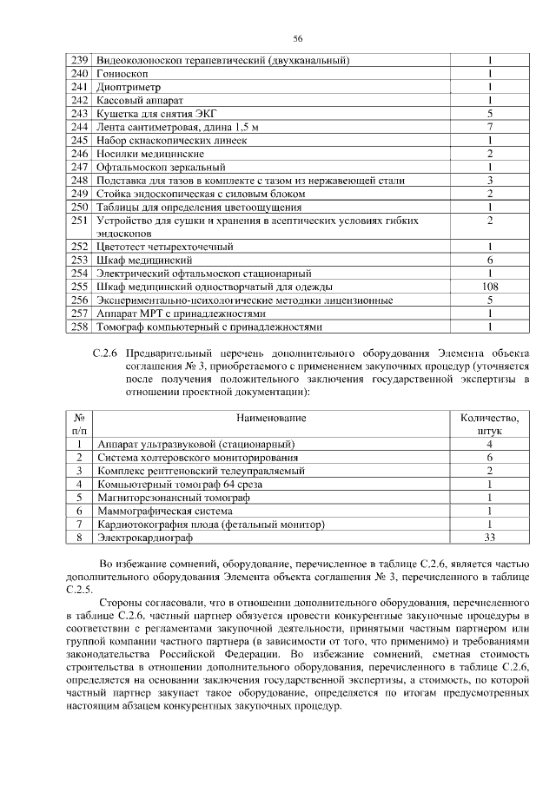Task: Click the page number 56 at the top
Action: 297,39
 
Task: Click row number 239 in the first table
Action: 80,61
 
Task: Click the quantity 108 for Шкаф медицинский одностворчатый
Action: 490,287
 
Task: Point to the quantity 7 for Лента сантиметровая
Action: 490,126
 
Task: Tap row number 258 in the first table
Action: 80,327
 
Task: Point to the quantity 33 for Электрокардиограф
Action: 490,538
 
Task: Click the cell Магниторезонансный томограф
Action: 174,498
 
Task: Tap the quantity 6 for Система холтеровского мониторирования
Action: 490,457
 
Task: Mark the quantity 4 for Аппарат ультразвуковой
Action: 490,444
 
